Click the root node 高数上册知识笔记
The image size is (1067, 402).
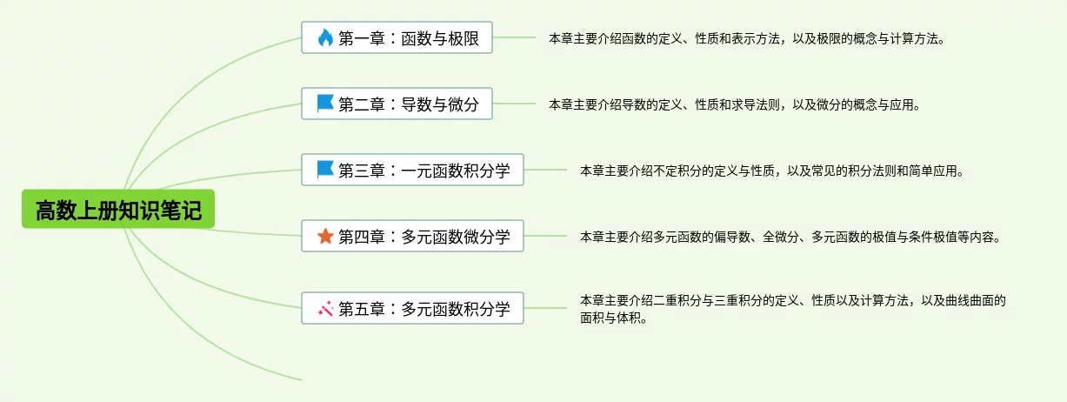(118, 210)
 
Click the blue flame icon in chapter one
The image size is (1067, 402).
(325, 38)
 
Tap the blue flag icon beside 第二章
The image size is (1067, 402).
(325, 104)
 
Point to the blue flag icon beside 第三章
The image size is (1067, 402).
(325, 170)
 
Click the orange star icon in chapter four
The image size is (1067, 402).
(325, 236)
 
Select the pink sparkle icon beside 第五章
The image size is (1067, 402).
(325, 308)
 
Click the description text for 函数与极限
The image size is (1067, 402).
(746, 39)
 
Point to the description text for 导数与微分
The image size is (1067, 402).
(733, 105)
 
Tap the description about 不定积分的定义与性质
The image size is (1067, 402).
(771, 171)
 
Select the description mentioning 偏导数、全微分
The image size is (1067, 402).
(790, 237)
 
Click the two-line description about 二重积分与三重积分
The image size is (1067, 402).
(791, 309)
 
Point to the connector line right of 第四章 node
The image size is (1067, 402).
(545, 236)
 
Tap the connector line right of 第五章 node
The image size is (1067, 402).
(545, 308)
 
